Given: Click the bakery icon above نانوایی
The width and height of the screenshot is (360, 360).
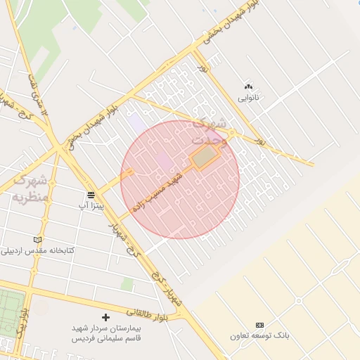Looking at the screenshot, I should coord(247,86).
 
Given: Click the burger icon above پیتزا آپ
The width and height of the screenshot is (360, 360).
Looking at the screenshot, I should coord(90,195).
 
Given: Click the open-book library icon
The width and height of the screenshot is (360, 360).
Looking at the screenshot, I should coord(37,240).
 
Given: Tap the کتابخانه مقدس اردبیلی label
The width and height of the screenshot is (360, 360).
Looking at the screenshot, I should coord(41,250).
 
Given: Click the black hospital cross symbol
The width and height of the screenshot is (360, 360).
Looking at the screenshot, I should coord(105,318).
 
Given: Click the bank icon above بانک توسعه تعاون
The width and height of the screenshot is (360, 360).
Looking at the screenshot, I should coord(259,325).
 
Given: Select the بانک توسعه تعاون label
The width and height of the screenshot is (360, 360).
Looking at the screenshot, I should coord(259,335).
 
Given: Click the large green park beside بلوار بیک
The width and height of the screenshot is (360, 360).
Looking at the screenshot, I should coord(11,313).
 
